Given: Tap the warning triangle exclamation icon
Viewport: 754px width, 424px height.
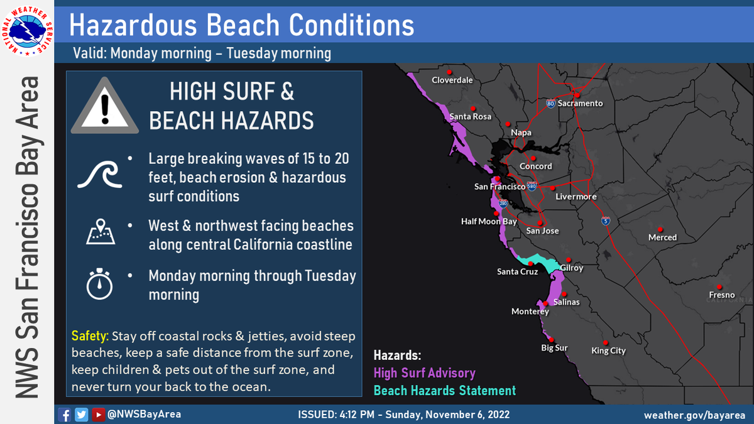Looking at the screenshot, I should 104,108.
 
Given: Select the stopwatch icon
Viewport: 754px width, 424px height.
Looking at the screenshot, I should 99,284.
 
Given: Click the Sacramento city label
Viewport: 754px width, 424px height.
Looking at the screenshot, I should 580,104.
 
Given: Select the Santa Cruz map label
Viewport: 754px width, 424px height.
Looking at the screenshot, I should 516,271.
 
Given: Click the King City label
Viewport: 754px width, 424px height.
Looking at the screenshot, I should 608,351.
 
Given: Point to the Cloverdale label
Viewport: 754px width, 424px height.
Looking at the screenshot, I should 452,80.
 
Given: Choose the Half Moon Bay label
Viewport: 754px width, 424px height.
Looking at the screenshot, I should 489,221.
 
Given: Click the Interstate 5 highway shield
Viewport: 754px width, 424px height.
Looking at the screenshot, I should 604,220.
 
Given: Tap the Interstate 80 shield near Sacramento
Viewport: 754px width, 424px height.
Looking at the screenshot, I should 550,104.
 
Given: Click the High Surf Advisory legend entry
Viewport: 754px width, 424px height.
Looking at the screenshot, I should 424,373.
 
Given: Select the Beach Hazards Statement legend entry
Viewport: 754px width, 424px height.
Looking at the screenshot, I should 444,390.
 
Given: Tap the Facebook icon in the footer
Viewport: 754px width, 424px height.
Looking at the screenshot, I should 64,415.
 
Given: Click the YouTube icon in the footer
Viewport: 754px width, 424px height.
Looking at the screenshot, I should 98,415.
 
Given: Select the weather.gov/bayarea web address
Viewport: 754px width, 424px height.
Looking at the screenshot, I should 694,415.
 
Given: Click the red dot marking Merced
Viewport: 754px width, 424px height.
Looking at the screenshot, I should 660,229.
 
